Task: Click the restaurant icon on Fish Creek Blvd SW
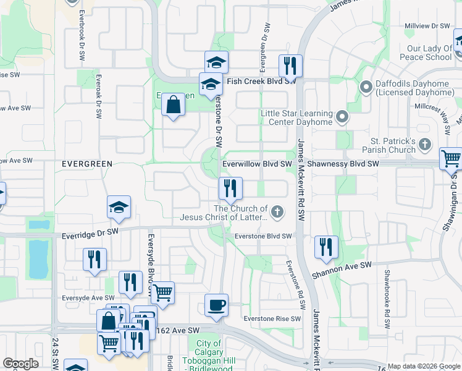(x=290, y=66)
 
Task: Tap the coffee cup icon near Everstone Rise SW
(x=216, y=305)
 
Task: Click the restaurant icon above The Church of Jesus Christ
(x=230, y=187)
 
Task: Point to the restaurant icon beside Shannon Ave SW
(x=325, y=247)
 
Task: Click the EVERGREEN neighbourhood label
(x=86, y=163)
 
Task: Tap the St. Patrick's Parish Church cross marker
(x=424, y=145)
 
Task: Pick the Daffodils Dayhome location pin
(x=365, y=88)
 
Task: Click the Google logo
(x=20, y=364)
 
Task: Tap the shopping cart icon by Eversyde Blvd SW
(x=162, y=292)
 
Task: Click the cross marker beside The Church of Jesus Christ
(x=277, y=213)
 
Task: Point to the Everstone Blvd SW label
(x=262, y=236)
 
